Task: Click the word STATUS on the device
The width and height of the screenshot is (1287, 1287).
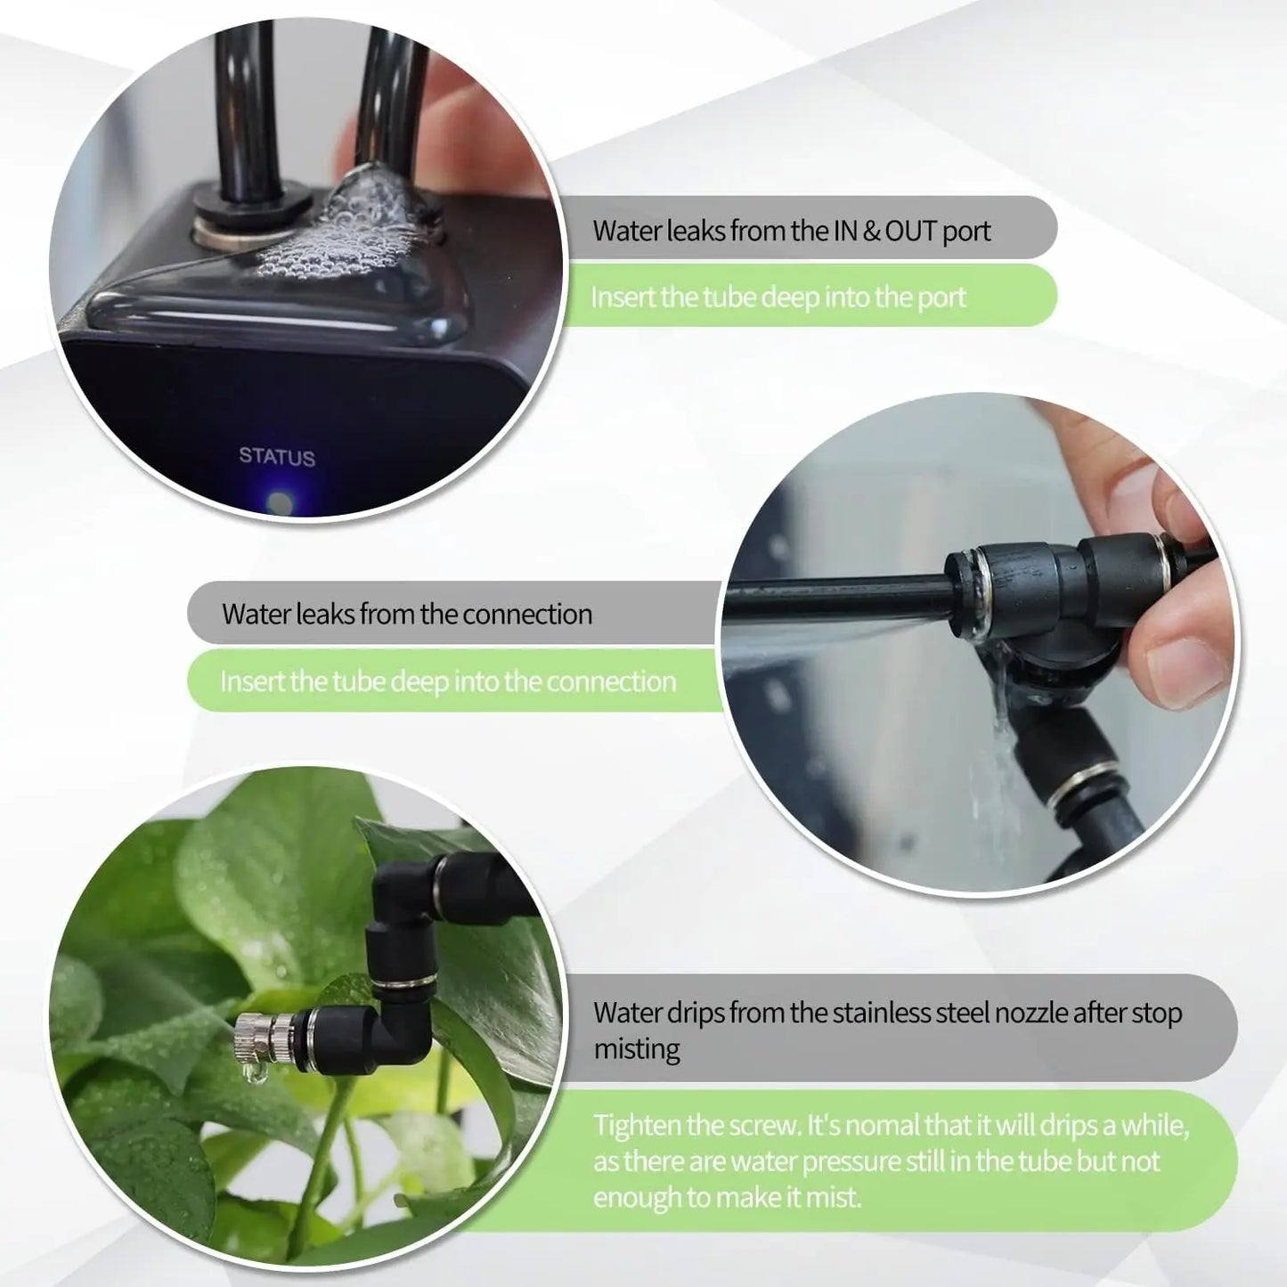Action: (x=276, y=457)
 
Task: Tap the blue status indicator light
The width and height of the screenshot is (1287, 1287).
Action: (x=280, y=503)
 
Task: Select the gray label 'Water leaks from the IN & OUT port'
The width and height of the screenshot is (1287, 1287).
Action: (x=791, y=231)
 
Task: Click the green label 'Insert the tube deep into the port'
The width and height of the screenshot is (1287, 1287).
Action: (x=778, y=297)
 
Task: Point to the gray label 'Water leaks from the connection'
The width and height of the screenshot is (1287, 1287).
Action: (x=407, y=614)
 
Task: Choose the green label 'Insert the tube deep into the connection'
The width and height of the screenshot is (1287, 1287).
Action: (x=448, y=681)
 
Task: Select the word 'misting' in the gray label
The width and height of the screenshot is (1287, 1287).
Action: (x=636, y=1049)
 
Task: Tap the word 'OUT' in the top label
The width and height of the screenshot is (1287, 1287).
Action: (x=913, y=231)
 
